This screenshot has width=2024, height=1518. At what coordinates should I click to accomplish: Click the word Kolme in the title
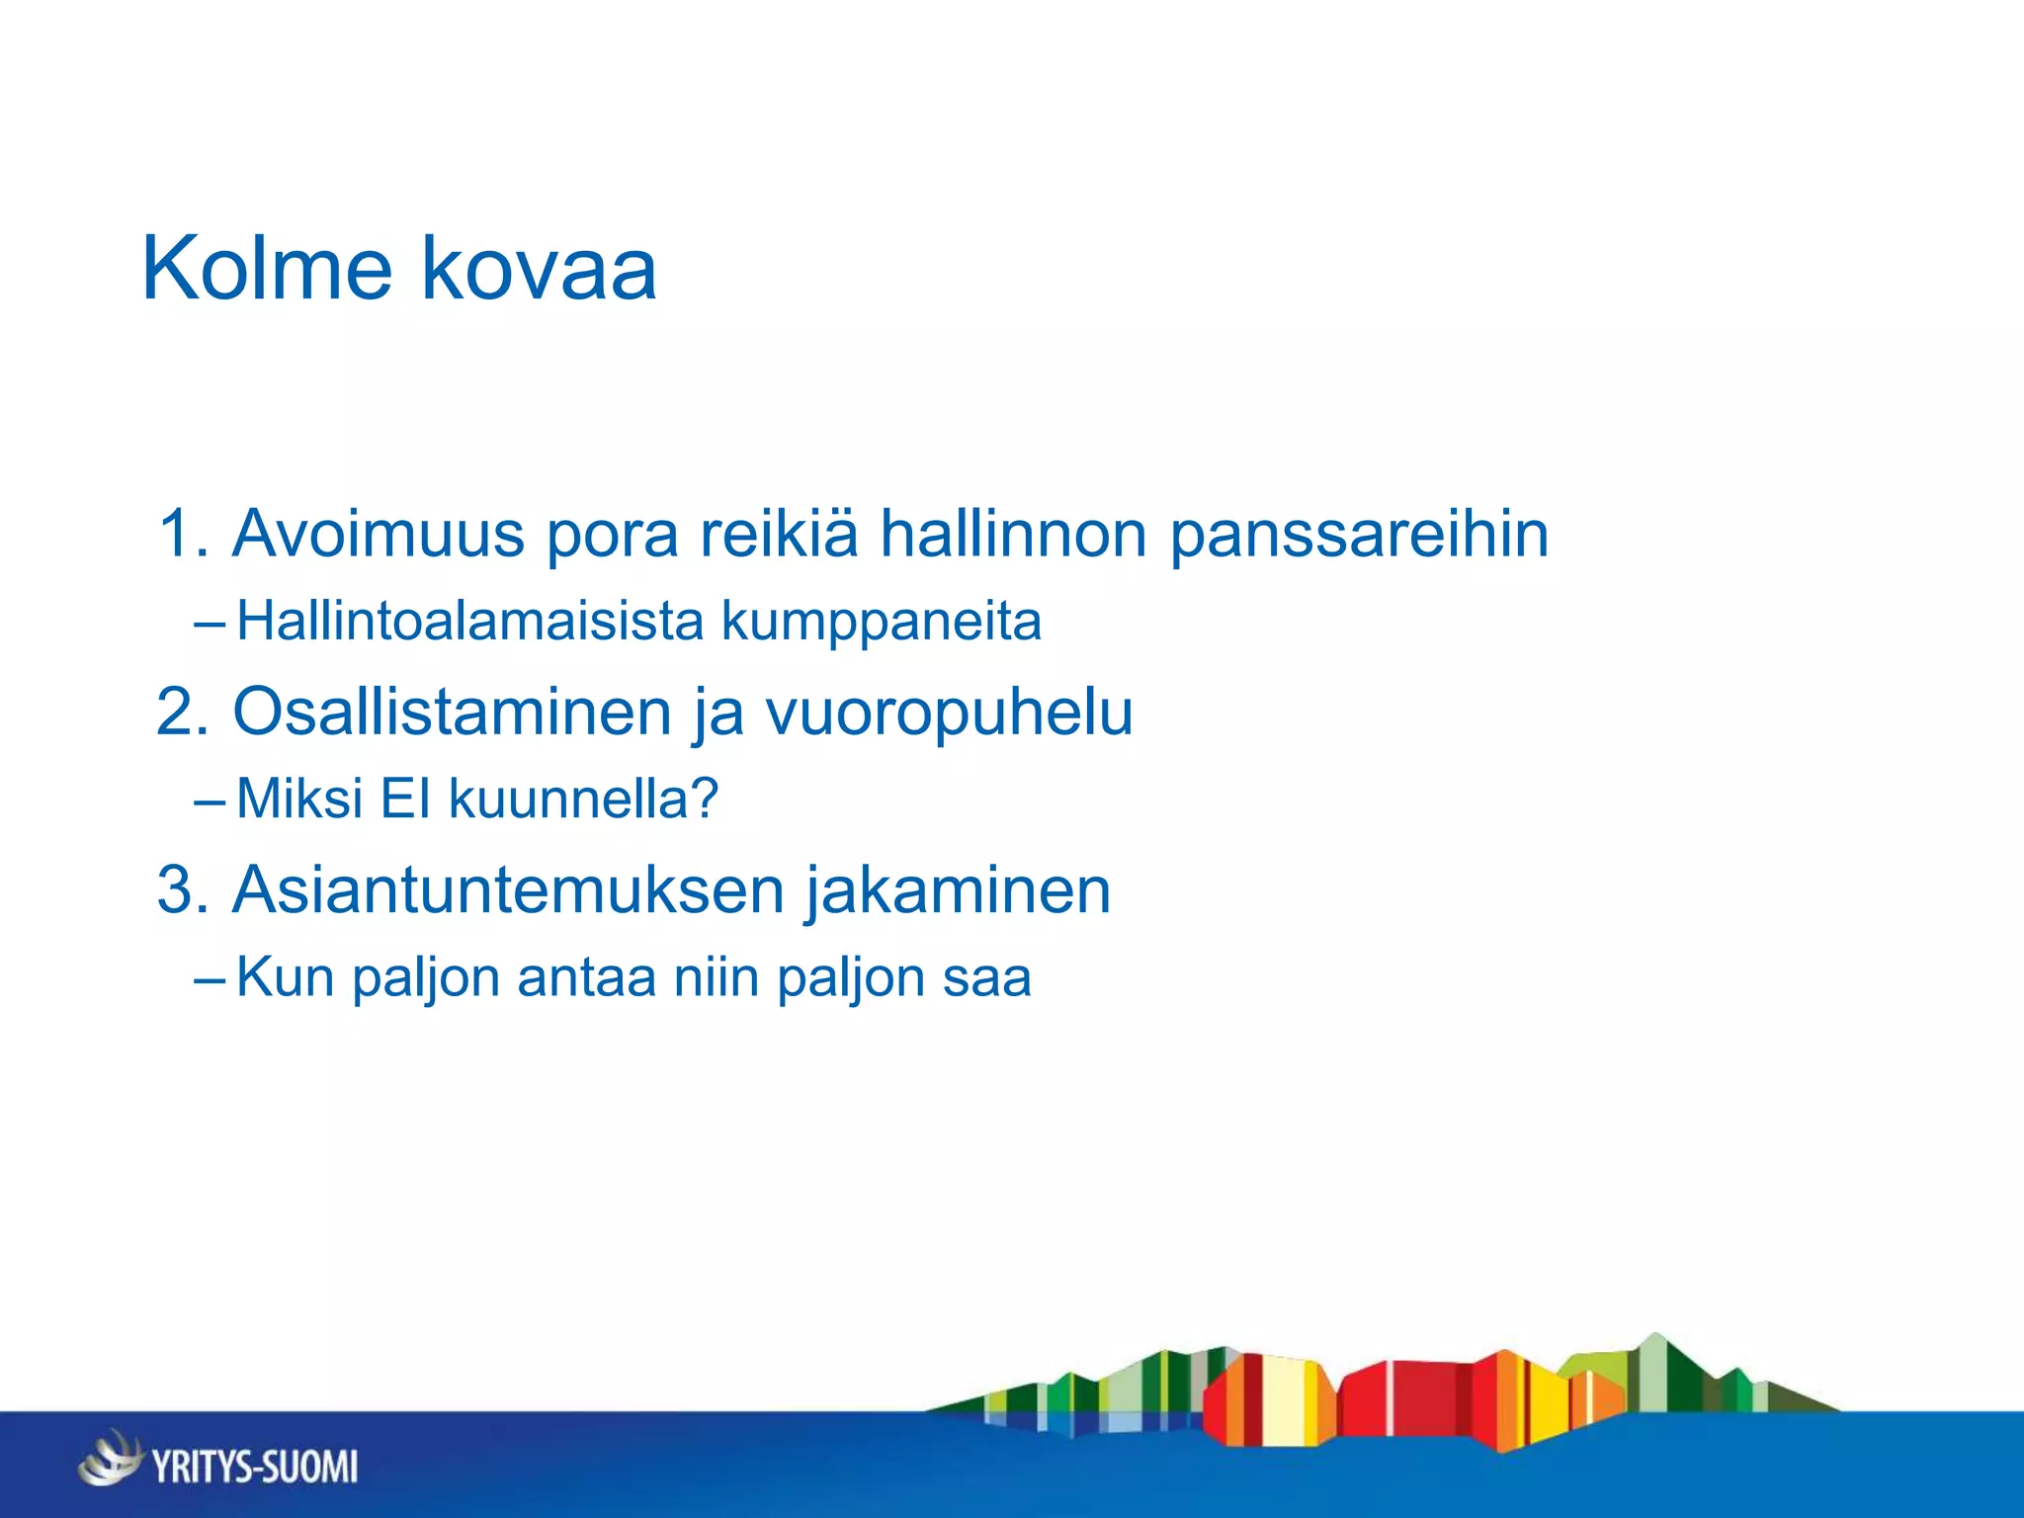click(267, 269)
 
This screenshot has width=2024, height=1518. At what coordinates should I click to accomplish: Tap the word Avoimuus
click(379, 534)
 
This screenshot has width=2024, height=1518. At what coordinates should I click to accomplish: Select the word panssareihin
click(1359, 534)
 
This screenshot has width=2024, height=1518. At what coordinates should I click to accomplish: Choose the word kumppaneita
click(882, 621)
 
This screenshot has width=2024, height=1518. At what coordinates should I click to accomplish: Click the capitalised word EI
click(405, 799)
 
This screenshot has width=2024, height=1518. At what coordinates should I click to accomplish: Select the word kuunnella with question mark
click(583, 799)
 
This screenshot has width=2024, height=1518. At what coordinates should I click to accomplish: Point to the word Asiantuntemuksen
click(509, 889)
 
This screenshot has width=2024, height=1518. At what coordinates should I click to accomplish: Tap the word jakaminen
click(957, 889)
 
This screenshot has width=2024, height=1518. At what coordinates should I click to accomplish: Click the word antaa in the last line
click(586, 977)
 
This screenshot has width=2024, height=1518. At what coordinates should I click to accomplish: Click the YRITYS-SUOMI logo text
click(255, 1466)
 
